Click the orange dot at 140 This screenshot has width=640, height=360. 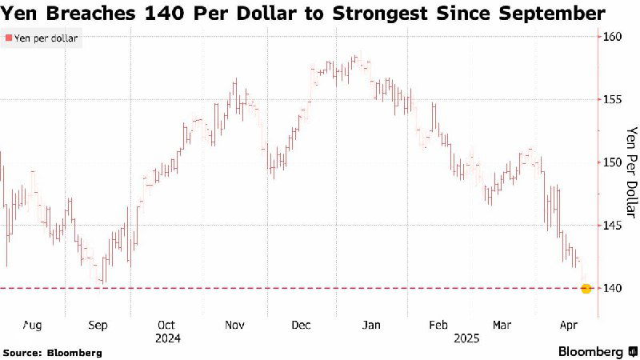pos(586,288)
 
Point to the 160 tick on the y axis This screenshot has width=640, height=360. pos(613,37)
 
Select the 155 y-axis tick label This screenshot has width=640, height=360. pos(613,99)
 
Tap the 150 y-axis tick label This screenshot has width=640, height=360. pos(613,162)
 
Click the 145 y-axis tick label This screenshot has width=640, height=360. pos(613,225)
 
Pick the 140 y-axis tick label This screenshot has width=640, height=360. pos(613,288)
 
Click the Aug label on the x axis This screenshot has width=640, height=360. pos(32,326)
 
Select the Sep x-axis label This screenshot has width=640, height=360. pos(98,326)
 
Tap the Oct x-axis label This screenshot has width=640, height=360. pos(167,326)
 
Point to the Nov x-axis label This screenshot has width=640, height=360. pos(234,326)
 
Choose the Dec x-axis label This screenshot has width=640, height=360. pos(302,326)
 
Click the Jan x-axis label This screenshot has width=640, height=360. pos(371,326)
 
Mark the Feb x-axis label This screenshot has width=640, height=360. pos(438,326)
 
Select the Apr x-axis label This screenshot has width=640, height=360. pos(568,326)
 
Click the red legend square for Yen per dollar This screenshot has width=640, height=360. pos(9,38)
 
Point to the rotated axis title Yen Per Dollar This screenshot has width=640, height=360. pos(630,173)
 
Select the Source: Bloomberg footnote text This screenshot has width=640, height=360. pos(53,352)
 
